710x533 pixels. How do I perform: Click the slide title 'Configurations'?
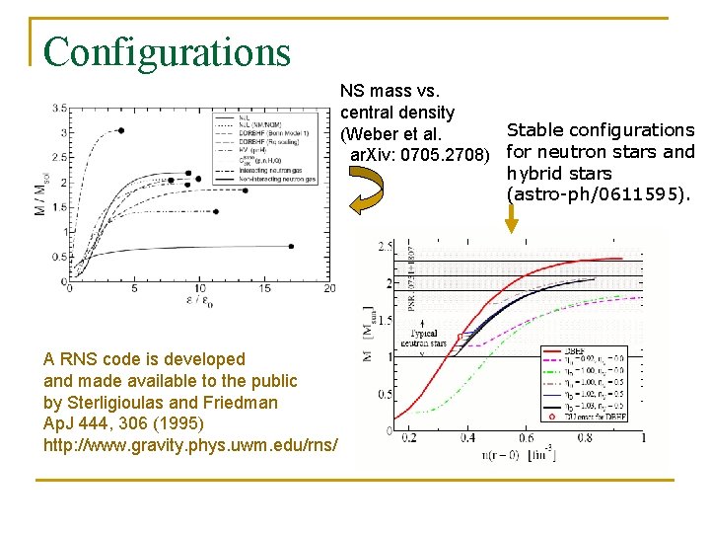pos(167,52)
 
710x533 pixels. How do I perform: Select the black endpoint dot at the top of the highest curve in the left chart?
pos(121,130)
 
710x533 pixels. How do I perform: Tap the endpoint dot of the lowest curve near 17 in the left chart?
pos(293,245)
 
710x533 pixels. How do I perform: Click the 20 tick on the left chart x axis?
pos(329,287)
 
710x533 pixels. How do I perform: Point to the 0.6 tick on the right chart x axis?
pos(527,438)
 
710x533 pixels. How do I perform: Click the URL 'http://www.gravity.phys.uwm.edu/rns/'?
pos(191,445)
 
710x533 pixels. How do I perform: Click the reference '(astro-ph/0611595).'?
pos(599,194)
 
